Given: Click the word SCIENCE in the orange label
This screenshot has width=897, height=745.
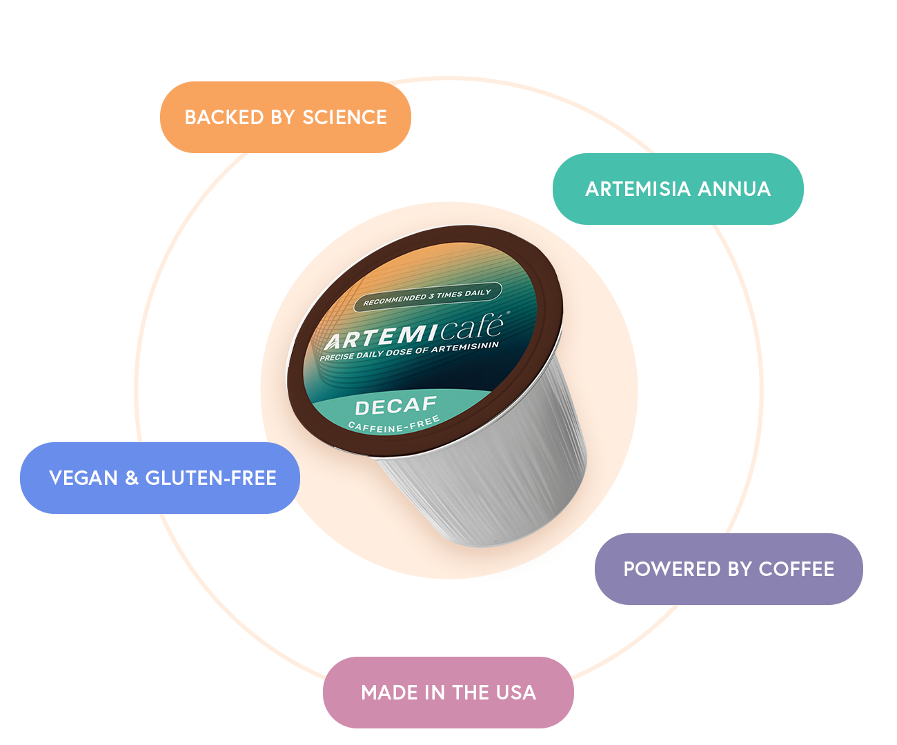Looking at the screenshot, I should point(344,117).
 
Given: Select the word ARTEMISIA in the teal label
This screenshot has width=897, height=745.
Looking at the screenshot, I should point(638,189).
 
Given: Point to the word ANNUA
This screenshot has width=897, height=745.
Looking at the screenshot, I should point(734,189).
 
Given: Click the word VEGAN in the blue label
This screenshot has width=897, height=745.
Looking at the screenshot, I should point(83,478).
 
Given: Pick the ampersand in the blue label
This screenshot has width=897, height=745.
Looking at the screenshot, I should point(132,478).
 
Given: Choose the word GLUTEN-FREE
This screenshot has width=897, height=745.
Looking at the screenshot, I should point(210,478).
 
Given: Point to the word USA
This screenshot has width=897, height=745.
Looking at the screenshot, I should point(515,693).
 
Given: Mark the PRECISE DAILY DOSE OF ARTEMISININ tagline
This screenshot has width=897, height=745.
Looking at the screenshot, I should point(408,351).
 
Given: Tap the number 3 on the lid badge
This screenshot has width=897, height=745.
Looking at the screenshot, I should point(431,296).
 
